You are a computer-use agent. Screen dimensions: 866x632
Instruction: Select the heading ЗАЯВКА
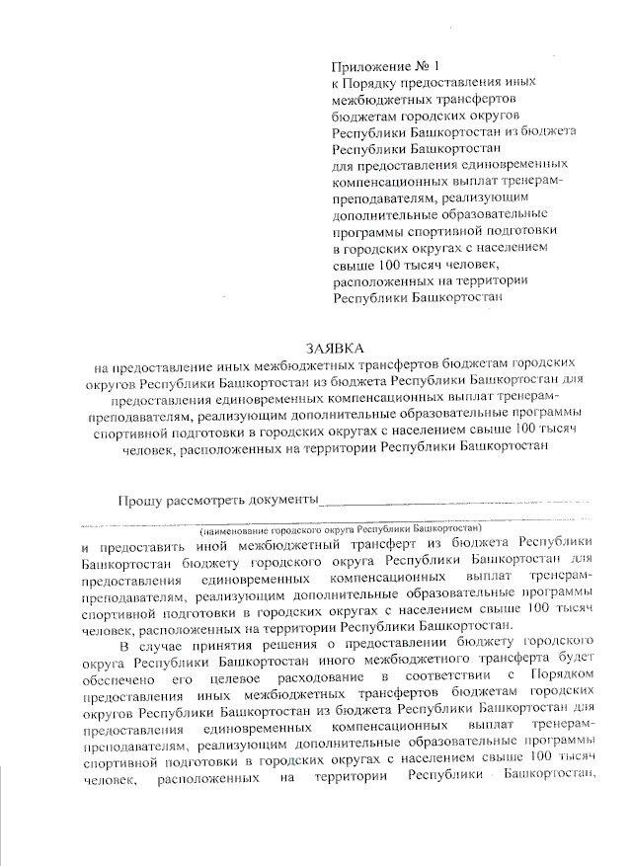(335, 348)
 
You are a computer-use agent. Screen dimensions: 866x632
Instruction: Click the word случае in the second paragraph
(160, 647)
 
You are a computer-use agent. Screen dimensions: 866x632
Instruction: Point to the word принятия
(225, 647)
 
